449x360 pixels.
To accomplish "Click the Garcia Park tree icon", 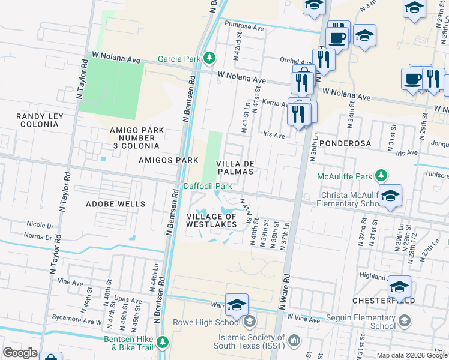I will click(x=209, y=58).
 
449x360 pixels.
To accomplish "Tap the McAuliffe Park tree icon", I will click(x=380, y=175).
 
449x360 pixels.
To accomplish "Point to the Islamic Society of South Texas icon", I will click(x=294, y=341).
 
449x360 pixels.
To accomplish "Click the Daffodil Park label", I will click(x=208, y=187).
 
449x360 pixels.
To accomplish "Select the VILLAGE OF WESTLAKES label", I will click(x=211, y=220).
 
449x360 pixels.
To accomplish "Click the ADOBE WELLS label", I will click(x=115, y=204).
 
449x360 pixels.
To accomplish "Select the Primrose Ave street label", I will click(x=244, y=26).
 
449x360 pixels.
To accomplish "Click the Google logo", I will click(x=20, y=353).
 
